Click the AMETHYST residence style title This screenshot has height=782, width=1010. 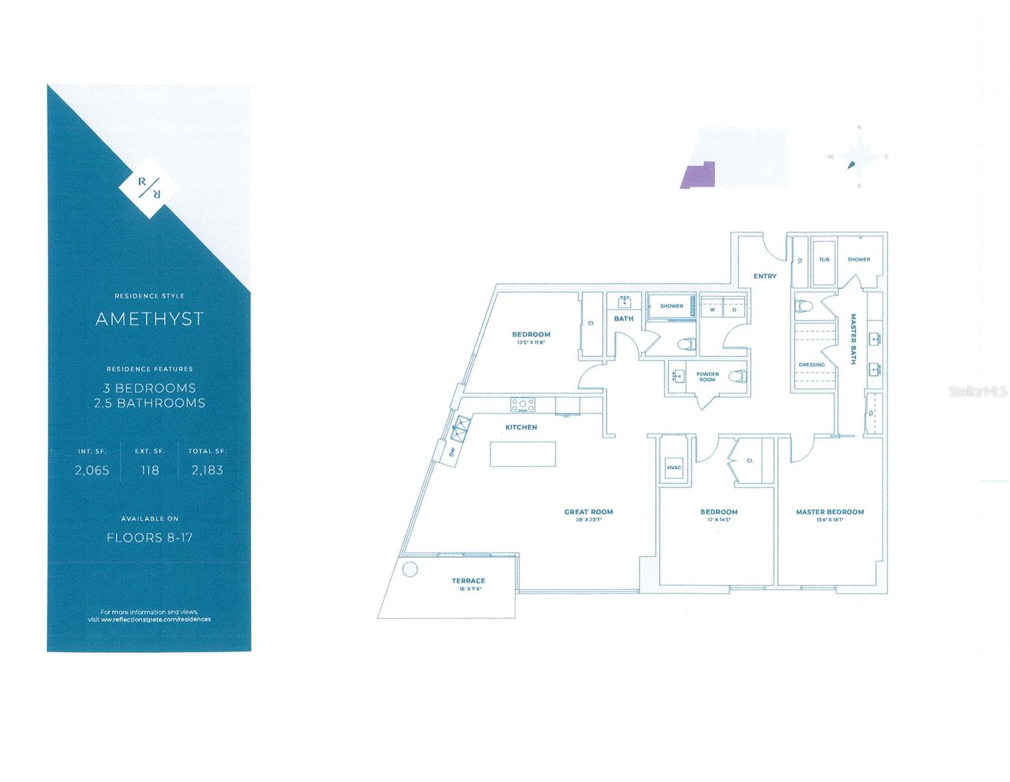149,319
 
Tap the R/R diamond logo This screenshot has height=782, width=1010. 149,187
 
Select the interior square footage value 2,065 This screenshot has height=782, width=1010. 92,470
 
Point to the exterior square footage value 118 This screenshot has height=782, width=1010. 150,470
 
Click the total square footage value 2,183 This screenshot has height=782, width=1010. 207,470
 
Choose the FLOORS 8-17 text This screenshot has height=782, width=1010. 149,538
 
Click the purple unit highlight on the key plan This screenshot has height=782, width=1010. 698,175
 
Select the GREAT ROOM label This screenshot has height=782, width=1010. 589,512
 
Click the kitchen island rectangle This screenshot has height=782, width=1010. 523,454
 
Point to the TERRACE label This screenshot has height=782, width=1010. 468,581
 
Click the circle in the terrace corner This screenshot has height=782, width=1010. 410,570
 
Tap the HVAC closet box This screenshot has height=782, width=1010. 673,467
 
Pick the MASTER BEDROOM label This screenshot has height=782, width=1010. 830,512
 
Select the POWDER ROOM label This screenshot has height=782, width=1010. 707,377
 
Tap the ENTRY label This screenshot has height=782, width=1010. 765,276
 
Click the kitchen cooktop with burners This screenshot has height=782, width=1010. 522,405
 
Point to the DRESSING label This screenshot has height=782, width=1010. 811,364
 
